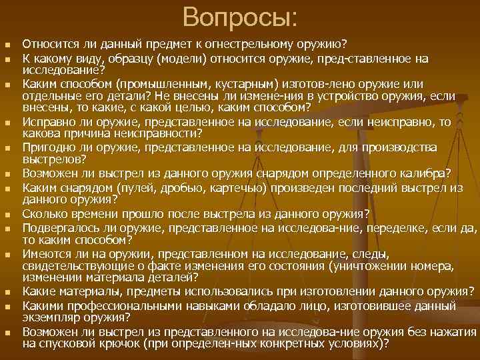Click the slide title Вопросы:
(241, 17)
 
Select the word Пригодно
(46, 146)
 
